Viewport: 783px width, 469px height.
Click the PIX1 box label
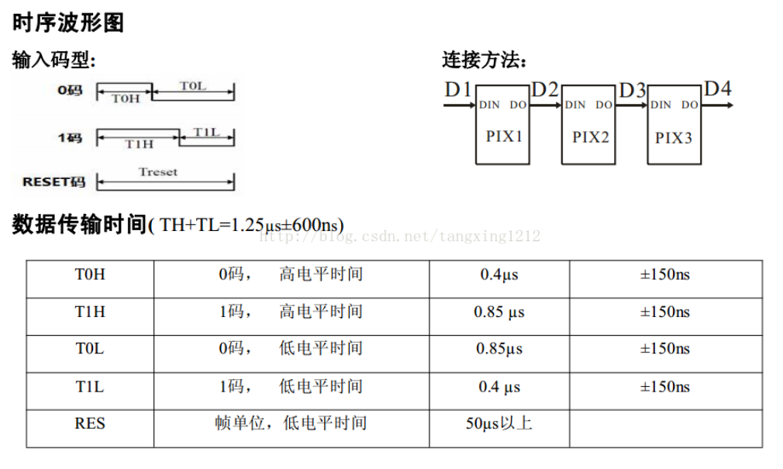tap(504, 136)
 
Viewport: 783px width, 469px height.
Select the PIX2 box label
tap(590, 137)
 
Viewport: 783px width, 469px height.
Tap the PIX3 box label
tap(674, 137)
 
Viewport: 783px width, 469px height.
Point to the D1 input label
tap(458, 90)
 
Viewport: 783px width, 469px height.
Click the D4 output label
tap(718, 89)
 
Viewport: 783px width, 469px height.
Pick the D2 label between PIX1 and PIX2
tap(545, 90)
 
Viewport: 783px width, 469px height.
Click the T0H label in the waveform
tap(126, 98)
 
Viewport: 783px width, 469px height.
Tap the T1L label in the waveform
tap(207, 133)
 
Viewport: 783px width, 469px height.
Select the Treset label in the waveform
tap(158, 172)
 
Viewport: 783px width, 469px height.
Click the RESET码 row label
tap(54, 182)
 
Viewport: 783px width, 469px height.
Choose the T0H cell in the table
tap(90, 274)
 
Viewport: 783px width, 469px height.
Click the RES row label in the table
tap(90, 423)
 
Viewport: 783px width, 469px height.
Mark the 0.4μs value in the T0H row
tap(499, 274)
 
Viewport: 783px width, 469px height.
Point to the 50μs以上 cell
tap(498, 423)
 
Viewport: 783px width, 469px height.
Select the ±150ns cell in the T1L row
tap(665, 387)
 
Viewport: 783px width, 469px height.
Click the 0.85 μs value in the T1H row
tap(499, 312)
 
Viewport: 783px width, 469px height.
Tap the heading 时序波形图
tap(68, 22)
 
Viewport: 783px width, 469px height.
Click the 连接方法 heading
tap(484, 60)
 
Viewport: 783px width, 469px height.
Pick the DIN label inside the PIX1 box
tap(489, 105)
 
